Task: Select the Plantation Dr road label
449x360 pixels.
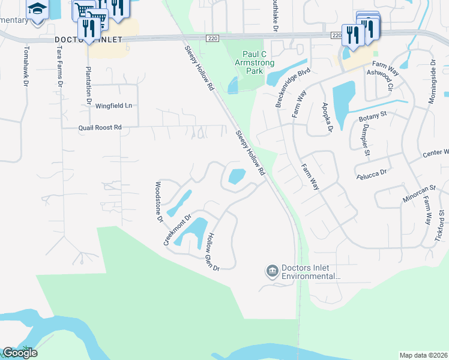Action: tap(88, 77)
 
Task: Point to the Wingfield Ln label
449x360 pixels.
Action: tap(113, 106)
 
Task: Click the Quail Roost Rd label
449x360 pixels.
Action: tap(100, 128)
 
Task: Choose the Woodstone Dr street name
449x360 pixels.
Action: tap(159, 202)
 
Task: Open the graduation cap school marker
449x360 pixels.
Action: tap(38, 9)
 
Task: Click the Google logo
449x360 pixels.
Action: tap(20, 353)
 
